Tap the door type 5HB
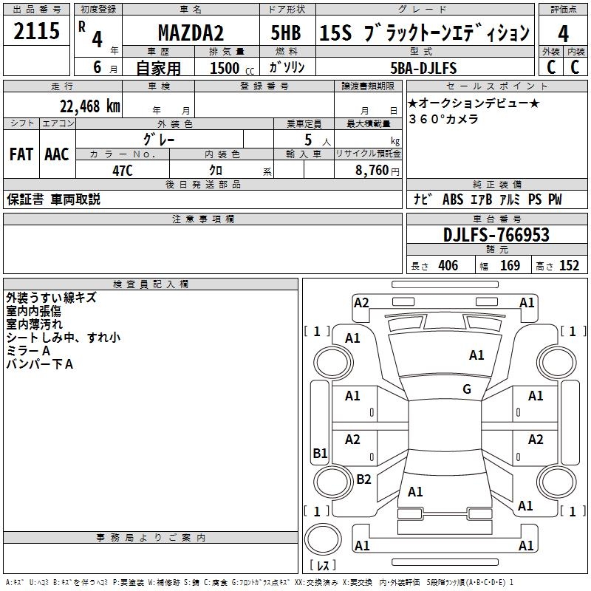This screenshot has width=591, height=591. click(x=286, y=33)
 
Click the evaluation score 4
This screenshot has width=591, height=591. click(x=563, y=33)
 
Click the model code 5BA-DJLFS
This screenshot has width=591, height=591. click(x=423, y=68)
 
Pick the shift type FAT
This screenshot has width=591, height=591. click(x=21, y=154)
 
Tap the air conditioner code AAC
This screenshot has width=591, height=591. click(x=56, y=154)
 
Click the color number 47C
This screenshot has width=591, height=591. click(x=122, y=169)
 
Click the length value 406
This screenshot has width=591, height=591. click(x=448, y=266)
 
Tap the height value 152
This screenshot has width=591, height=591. click(x=569, y=266)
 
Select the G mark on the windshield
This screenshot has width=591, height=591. click(x=466, y=389)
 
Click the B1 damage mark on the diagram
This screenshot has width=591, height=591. click(x=320, y=453)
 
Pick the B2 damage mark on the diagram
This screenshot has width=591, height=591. click(x=363, y=479)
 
